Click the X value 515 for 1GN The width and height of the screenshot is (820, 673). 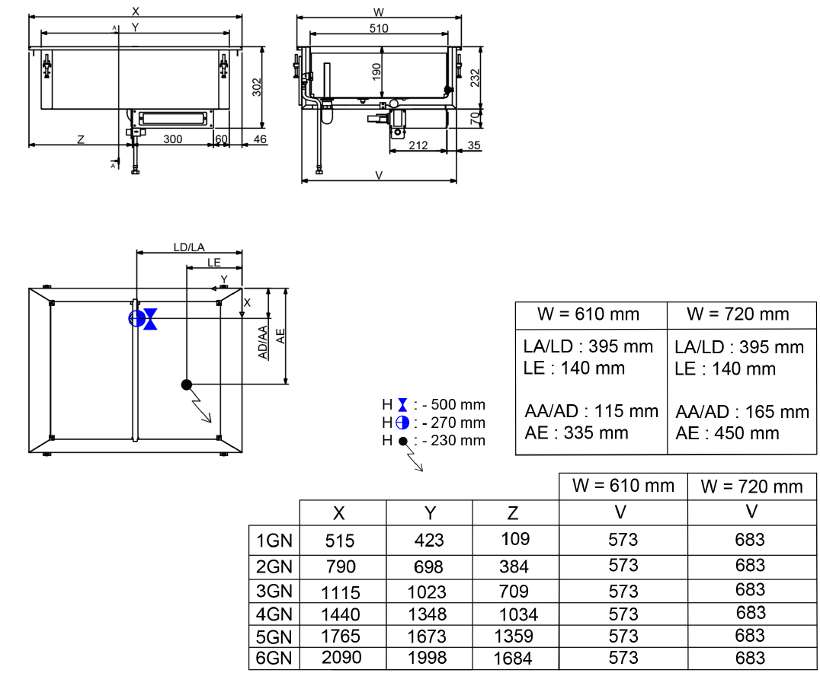(340, 541)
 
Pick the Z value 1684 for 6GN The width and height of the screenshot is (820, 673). (514, 659)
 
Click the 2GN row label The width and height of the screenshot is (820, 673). (274, 566)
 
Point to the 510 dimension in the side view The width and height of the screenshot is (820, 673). (379, 28)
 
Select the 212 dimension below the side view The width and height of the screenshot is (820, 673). (418, 145)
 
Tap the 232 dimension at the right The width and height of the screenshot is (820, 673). (475, 77)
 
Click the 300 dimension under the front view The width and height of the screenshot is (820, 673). (173, 139)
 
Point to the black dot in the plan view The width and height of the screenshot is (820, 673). (186, 384)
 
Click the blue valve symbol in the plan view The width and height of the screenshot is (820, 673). (151, 319)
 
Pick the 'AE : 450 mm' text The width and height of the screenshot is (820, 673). (727, 433)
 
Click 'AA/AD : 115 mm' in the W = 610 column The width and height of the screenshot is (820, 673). (591, 411)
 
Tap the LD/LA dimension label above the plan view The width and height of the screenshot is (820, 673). (189, 247)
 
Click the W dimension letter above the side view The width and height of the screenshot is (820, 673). (379, 11)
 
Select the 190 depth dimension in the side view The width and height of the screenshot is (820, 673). (376, 72)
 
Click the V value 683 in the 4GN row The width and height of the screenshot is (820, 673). (750, 613)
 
